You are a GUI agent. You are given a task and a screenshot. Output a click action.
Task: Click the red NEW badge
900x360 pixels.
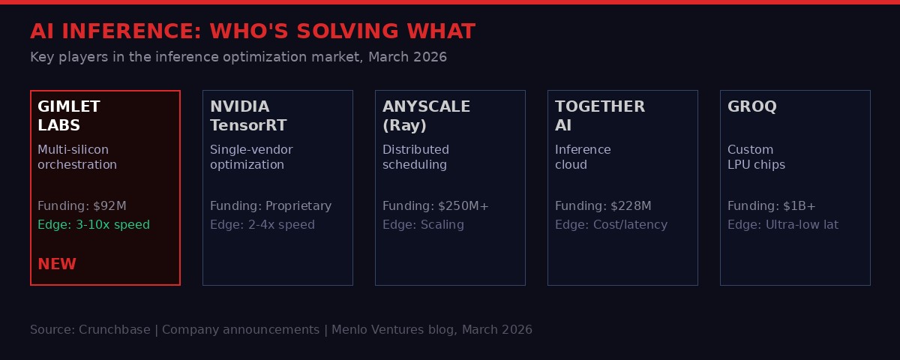[x=57, y=264]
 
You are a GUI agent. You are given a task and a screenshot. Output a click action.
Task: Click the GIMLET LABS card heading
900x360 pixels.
[x=69, y=116]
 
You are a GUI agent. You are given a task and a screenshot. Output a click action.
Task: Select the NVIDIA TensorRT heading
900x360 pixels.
[x=248, y=116]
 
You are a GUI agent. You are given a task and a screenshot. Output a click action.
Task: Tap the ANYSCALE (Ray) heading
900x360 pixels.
[x=426, y=116]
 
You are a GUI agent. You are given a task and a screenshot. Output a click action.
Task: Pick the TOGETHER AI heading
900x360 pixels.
[x=599, y=116]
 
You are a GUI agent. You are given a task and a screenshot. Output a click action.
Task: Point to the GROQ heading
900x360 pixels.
[x=751, y=107]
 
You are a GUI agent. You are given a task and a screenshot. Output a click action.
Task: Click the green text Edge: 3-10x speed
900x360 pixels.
[x=94, y=225]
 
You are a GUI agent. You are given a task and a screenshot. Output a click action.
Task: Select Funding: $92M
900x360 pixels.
[x=82, y=206]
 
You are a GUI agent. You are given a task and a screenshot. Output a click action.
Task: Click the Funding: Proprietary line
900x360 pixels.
[x=271, y=206]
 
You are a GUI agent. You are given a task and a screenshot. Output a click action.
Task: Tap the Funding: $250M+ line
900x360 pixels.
[x=436, y=206]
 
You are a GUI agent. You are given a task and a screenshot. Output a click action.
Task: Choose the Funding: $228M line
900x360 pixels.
[x=603, y=206]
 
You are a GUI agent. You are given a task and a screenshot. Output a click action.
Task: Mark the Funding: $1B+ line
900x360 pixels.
[x=772, y=206]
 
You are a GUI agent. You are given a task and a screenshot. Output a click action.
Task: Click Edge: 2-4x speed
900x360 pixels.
[x=262, y=225]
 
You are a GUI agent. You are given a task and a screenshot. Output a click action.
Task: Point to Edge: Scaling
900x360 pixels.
[x=423, y=225]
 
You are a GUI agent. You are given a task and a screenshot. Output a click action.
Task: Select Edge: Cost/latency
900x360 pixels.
[x=611, y=225]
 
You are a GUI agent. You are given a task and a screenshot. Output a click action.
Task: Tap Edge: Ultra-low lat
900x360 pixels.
[x=783, y=225]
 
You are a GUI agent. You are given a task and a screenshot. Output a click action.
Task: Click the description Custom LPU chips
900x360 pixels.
[x=756, y=157]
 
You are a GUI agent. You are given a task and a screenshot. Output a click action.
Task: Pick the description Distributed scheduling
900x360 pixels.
[x=415, y=157]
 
